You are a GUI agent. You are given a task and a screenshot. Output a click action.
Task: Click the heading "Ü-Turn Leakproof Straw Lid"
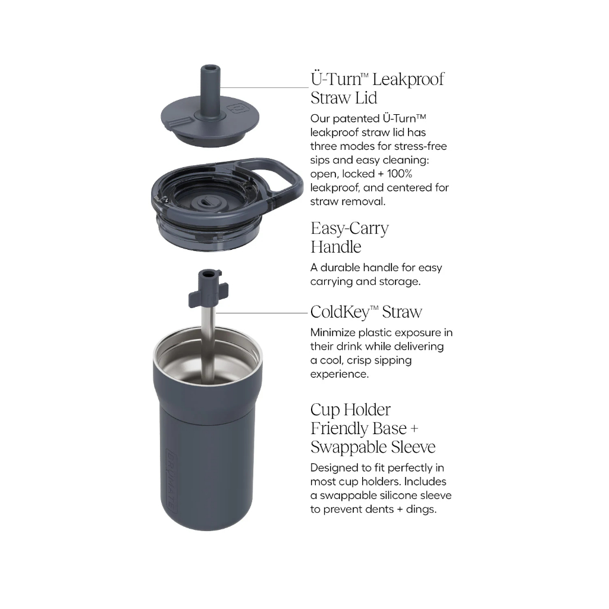(x=377, y=88)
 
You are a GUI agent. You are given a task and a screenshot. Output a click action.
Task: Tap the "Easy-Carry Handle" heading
(x=350, y=237)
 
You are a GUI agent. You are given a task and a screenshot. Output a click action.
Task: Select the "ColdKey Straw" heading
(x=366, y=312)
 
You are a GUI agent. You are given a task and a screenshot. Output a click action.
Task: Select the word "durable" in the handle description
(x=340, y=268)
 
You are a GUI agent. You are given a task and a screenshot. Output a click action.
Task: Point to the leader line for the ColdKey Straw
(x=261, y=313)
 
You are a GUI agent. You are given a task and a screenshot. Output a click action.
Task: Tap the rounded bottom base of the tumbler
(x=208, y=520)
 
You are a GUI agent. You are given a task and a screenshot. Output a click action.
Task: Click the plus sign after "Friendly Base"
(x=415, y=428)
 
